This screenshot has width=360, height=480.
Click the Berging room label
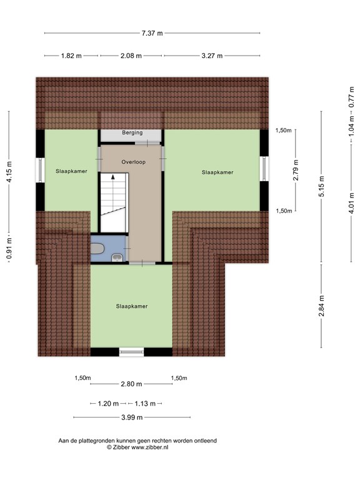(132, 132)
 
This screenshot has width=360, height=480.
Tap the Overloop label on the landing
(133, 162)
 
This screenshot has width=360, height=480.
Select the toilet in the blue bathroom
(98, 248)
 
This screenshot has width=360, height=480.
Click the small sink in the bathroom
(117, 257)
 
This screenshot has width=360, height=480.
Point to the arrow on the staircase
(113, 177)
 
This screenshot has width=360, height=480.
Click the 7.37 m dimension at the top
(152, 33)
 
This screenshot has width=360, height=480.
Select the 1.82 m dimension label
(71, 56)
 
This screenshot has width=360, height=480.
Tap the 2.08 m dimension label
(131, 56)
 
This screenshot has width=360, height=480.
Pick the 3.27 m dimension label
(212, 56)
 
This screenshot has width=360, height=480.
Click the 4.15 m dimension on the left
(9, 172)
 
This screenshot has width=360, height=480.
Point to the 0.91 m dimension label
(9, 248)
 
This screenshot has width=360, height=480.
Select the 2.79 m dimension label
(296, 170)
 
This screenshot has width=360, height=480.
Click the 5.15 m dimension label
(321, 186)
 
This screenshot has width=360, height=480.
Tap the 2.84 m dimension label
(321, 306)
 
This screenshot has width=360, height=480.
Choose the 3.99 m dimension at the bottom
(132, 417)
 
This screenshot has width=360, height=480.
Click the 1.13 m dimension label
(145, 404)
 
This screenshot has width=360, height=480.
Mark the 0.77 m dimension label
(352, 97)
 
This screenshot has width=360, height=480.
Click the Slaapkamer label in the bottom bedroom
(132, 306)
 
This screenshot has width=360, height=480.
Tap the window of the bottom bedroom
(131, 352)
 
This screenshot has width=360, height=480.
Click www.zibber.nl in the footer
(150, 447)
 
